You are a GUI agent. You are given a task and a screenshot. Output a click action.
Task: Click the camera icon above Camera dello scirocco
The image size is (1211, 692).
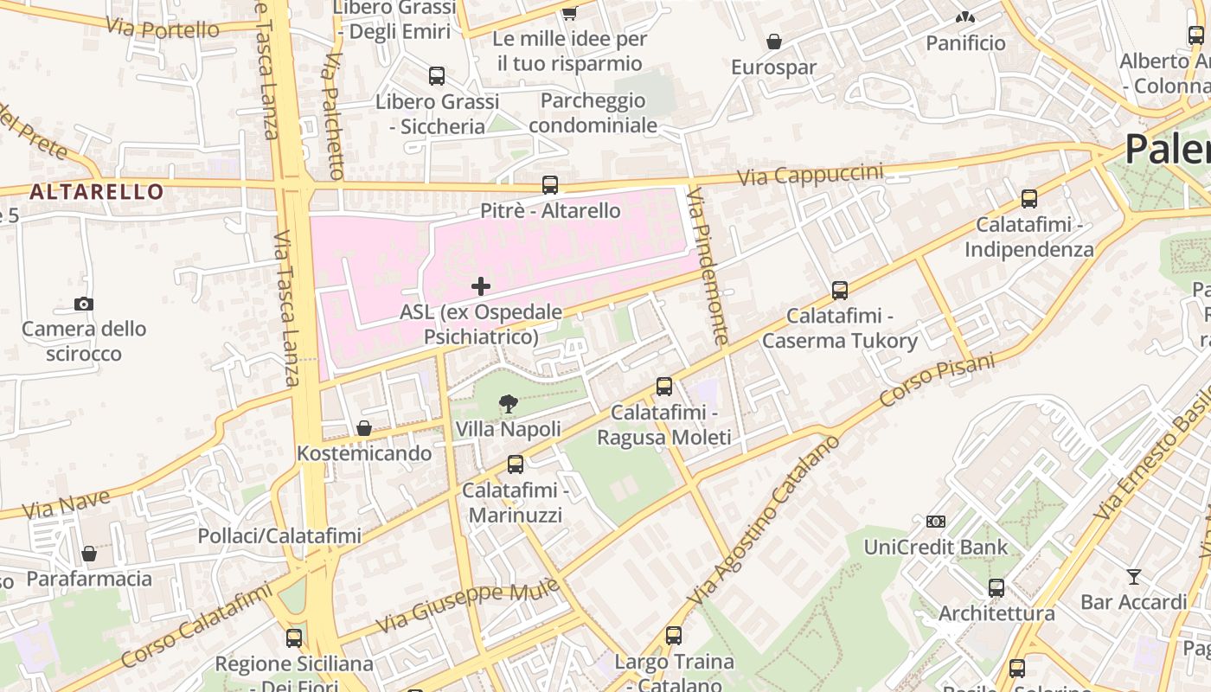[x=84, y=304]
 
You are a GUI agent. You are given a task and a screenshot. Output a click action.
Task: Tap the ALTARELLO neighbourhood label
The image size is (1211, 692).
[x=96, y=191]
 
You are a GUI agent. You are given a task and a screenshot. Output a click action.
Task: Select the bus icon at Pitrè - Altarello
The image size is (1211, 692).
[x=550, y=184]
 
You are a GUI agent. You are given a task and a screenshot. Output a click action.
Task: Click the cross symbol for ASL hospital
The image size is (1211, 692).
[x=481, y=286]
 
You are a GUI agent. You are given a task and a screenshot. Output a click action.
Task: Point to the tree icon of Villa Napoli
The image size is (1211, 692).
[x=509, y=403]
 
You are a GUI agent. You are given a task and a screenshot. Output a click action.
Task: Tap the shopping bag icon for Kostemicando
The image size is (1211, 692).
[x=364, y=428]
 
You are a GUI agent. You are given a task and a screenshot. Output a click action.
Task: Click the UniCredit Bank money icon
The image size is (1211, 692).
[x=936, y=522]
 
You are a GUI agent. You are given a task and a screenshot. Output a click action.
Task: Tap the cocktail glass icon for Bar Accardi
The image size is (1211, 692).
[x=1134, y=576]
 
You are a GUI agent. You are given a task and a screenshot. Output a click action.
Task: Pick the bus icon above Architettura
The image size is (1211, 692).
[x=996, y=587]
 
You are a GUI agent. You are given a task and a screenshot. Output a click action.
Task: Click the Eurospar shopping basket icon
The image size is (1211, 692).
[x=774, y=42]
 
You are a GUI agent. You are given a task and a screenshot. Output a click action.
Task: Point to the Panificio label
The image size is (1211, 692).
[x=965, y=43]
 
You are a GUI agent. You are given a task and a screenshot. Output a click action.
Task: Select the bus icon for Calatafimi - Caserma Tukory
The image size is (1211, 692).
[x=839, y=290]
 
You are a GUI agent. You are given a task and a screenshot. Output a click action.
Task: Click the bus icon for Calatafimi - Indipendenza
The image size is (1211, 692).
[x=1029, y=199]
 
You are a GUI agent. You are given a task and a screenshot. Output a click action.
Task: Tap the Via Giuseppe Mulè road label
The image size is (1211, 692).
[x=467, y=608]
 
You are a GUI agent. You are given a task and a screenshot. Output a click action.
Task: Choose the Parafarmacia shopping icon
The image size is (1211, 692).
[x=89, y=554]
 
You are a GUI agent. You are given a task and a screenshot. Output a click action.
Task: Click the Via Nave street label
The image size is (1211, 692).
[x=67, y=504]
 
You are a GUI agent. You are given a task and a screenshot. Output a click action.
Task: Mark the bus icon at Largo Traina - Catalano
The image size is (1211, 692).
[x=674, y=636]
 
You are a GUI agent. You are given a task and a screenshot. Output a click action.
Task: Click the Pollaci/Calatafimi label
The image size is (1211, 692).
[x=279, y=535]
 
